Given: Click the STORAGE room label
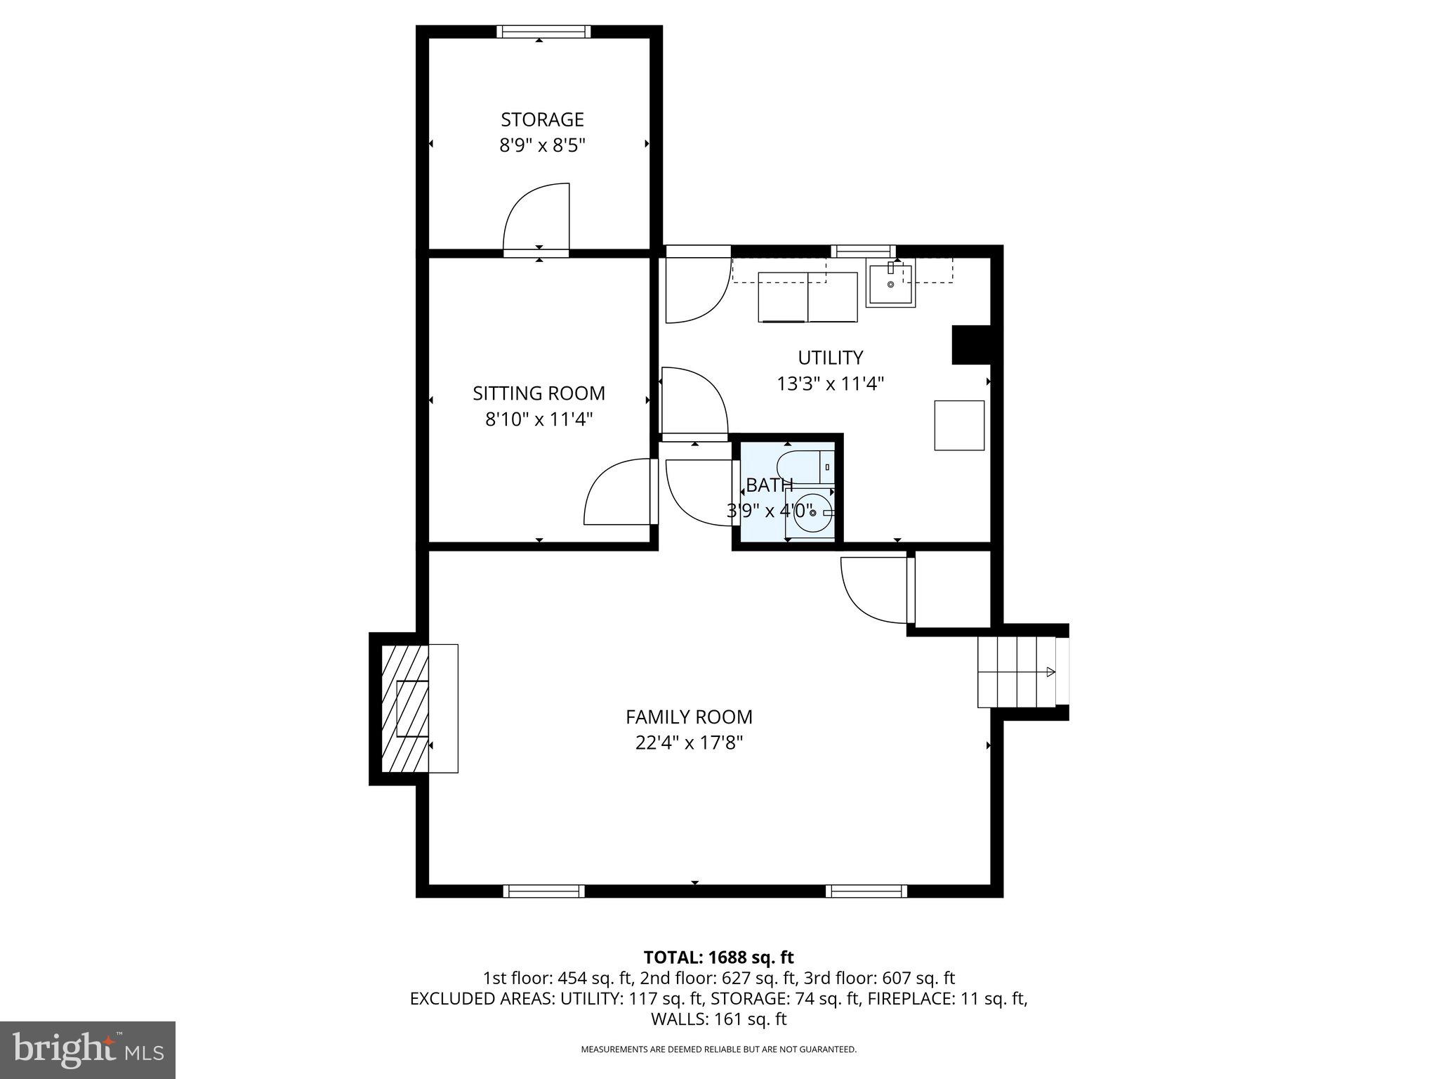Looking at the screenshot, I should (x=542, y=119).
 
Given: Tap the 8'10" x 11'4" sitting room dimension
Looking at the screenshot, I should (x=539, y=419).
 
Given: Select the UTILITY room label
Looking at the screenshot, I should (x=830, y=358).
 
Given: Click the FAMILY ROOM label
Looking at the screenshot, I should (x=689, y=717).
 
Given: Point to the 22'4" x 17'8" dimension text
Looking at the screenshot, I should (x=689, y=743).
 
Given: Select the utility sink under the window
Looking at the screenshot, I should (x=890, y=284).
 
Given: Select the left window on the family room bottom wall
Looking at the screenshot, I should (x=544, y=891).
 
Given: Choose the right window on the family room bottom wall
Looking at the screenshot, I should (x=866, y=891).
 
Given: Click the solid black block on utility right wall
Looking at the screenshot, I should (x=970, y=345).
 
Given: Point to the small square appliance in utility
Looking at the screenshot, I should (x=958, y=425).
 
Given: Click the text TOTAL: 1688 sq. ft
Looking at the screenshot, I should (x=718, y=957).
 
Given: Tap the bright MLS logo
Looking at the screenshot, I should (x=88, y=1049).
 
